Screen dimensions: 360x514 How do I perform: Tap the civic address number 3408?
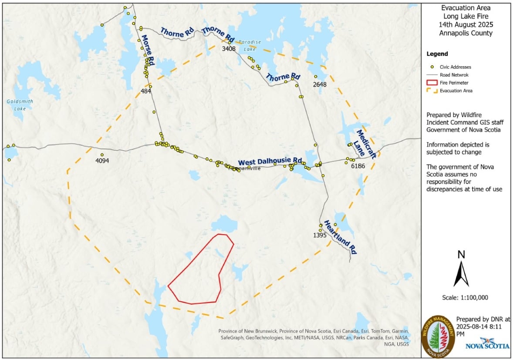click(229, 49)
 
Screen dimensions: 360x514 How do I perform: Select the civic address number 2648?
click(320, 84)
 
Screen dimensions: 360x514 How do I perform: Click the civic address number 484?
click(145, 91)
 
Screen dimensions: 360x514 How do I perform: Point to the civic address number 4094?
click(102, 161)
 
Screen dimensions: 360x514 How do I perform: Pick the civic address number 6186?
click(357, 166)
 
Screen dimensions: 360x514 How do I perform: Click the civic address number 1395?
click(319, 235)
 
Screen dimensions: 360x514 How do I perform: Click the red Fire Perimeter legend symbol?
click(432, 82)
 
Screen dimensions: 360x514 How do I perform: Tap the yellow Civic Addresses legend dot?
click(432, 67)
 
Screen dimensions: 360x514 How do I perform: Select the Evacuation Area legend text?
click(456, 91)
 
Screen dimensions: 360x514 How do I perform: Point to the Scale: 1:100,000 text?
click(464, 298)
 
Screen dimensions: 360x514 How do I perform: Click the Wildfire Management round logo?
click(439, 336)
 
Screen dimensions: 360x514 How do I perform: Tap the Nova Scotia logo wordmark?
click(487, 346)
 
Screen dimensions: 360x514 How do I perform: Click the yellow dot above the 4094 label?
click(102, 155)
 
